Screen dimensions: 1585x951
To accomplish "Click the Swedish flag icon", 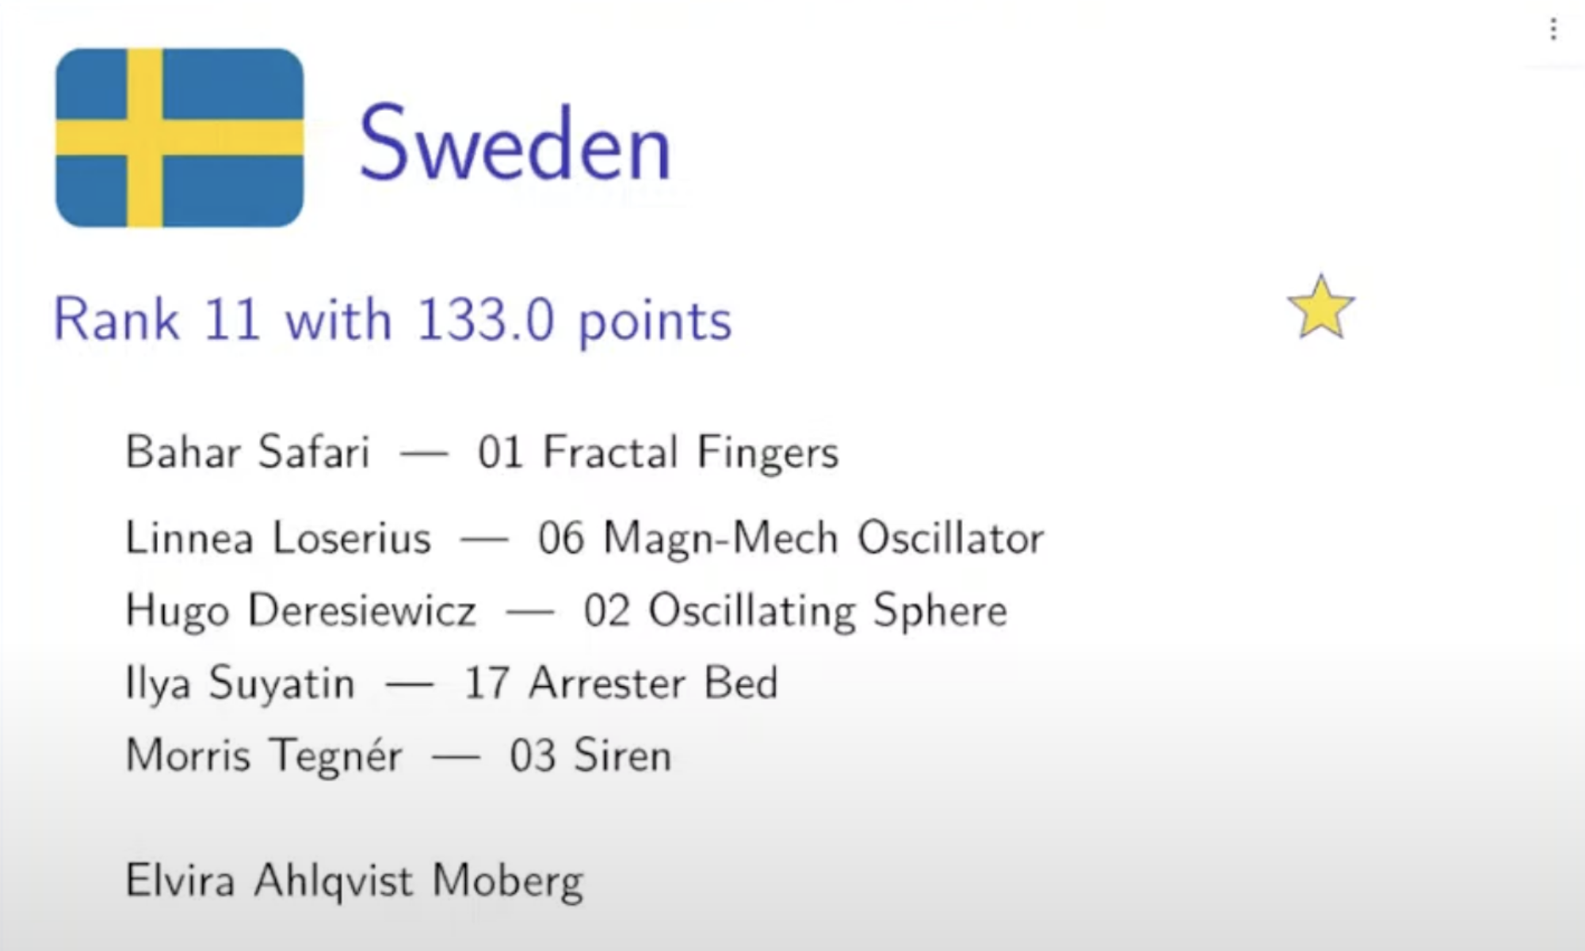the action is tap(180, 138).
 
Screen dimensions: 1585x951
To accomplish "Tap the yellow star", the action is tap(1321, 307).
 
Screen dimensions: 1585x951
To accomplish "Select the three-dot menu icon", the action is tap(1553, 30).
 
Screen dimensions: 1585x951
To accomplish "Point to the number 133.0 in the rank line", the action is tap(485, 319).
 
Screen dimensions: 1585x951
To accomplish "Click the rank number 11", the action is tap(232, 319).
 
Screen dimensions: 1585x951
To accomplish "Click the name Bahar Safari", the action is tap(248, 452).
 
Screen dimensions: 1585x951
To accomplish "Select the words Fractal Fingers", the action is tap(690, 453).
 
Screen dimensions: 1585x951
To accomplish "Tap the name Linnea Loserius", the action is tap(278, 537).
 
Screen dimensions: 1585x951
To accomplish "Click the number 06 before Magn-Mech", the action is tap(562, 538).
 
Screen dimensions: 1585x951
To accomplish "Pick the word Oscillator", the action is tap(951, 538).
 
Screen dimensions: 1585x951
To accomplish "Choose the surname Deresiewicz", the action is tap(362, 610).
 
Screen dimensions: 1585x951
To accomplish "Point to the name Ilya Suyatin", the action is tap(240, 684).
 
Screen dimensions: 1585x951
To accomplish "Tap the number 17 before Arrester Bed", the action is tap(487, 683).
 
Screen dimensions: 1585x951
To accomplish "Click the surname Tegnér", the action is tap(335, 755).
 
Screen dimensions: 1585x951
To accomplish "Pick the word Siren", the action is tap(623, 754).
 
